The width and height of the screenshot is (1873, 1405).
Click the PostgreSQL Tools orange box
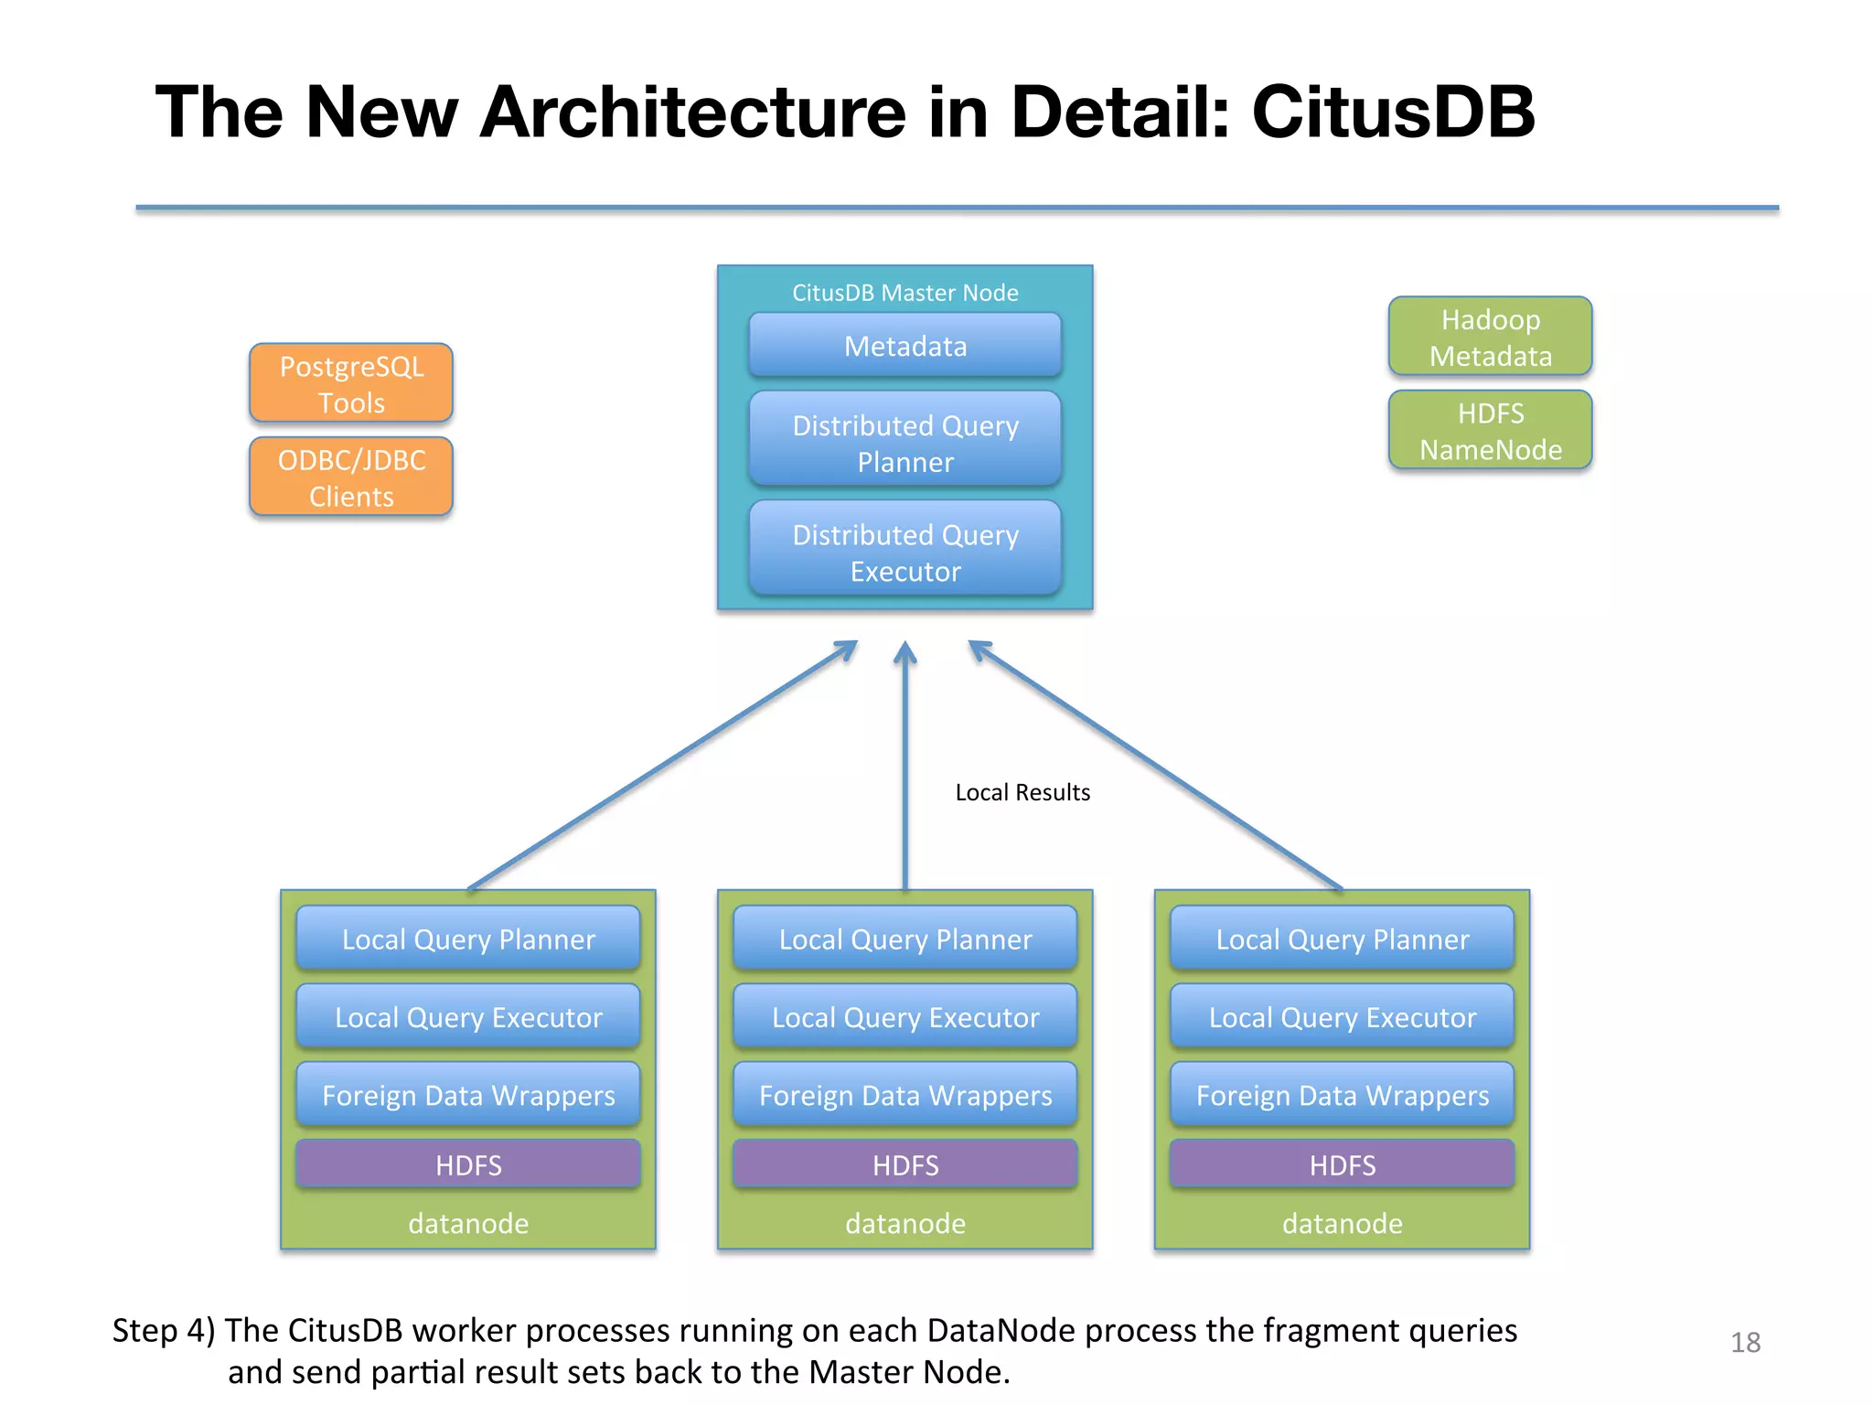coord(351,383)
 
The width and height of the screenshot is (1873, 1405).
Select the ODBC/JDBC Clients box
coord(351,477)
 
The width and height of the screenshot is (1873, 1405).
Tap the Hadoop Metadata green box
coord(1490,337)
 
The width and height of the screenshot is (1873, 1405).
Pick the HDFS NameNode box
coord(1490,430)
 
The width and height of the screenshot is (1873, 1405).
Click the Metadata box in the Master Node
coord(905,346)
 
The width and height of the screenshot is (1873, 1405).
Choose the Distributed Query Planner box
coord(905,443)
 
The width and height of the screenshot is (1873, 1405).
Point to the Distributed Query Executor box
coord(905,552)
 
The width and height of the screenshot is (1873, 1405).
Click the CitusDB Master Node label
coord(905,293)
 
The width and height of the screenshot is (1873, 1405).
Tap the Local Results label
coord(1022,792)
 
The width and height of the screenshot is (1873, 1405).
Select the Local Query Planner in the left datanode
coord(468,938)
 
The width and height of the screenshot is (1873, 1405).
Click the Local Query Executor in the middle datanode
coord(905,1017)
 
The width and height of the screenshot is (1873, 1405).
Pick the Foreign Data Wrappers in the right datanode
coord(1343,1095)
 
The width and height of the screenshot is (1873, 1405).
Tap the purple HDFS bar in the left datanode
coord(468,1164)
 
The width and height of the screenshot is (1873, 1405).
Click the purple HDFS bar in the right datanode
coord(1343,1164)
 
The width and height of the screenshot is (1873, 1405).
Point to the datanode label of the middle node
coord(905,1223)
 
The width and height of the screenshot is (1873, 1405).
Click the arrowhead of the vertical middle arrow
coord(905,651)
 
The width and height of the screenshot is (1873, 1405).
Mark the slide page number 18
coord(1745,1342)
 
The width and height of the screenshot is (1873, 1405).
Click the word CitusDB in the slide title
coord(1393,112)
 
